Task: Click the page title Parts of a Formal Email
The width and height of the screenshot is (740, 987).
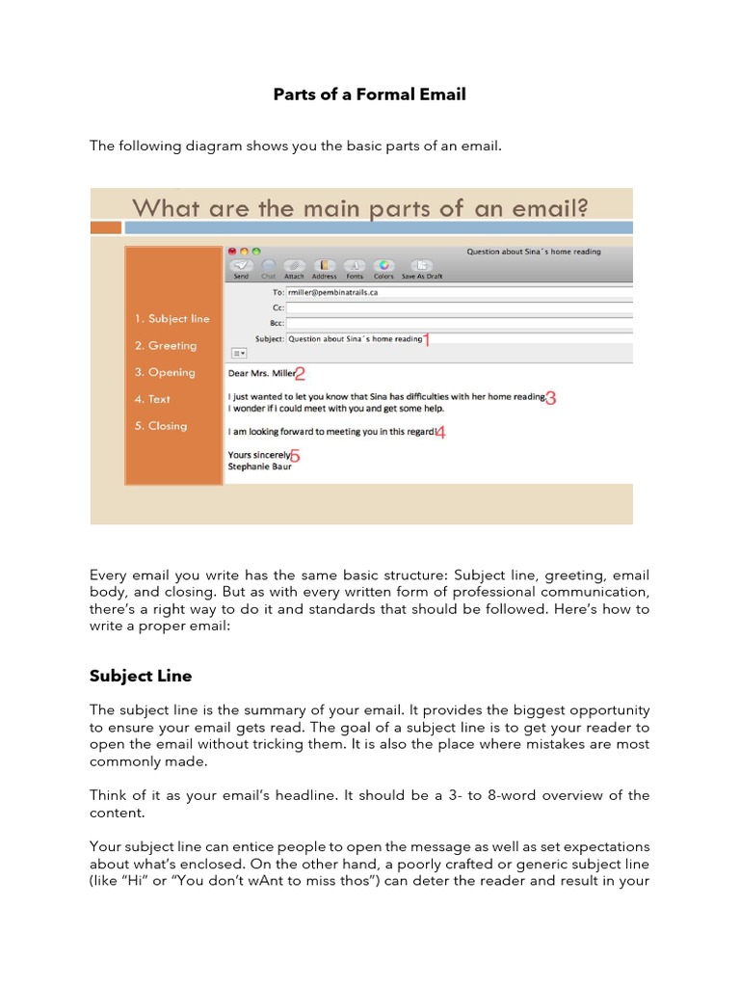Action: [x=369, y=94]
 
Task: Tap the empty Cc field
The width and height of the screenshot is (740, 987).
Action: [x=459, y=307]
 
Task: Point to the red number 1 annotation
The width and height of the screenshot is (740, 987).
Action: [x=428, y=339]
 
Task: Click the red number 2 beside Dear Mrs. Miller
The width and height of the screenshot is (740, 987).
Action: [x=300, y=374]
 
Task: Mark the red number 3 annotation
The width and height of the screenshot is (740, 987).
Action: [x=550, y=397]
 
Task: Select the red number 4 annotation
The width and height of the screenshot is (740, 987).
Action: [x=440, y=433]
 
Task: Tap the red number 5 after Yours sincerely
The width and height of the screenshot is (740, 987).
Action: [x=295, y=456]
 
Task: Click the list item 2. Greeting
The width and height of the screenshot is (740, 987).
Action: [x=166, y=345]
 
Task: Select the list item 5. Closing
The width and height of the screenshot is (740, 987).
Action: [x=161, y=425]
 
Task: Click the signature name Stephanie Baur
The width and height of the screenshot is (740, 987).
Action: [x=259, y=467]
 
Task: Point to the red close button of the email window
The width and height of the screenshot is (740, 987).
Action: [x=232, y=251]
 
